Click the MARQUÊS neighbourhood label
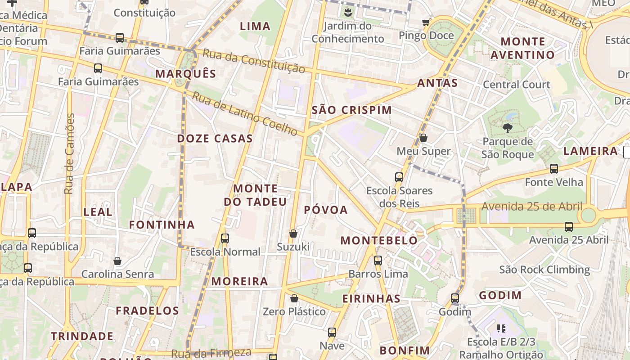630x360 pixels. tap(185, 74)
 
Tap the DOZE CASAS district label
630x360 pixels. tap(215, 139)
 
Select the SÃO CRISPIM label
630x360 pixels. tap(351, 110)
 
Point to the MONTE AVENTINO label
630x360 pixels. tap(522, 49)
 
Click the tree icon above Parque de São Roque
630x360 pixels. tap(507, 128)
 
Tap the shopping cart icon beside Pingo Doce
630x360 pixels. tap(426, 22)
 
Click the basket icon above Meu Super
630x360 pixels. tap(423, 138)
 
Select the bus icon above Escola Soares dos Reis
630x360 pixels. tap(399, 177)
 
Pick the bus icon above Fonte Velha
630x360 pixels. tap(553, 169)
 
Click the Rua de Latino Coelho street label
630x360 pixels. tap(245, 113)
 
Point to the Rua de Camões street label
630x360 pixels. tap(69, 154)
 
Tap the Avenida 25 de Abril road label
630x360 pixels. tap(532, 207)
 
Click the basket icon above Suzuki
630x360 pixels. tap(293, 234)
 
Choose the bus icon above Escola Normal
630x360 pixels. tap(225, 238)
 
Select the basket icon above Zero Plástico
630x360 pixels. tap(294, 298)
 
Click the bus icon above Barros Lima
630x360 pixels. tap(378, 260)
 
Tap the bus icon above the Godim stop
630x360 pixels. tap(455, 298)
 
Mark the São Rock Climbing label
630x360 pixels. tap(544, 270)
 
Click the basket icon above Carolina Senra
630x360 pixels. tap(117, 261)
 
